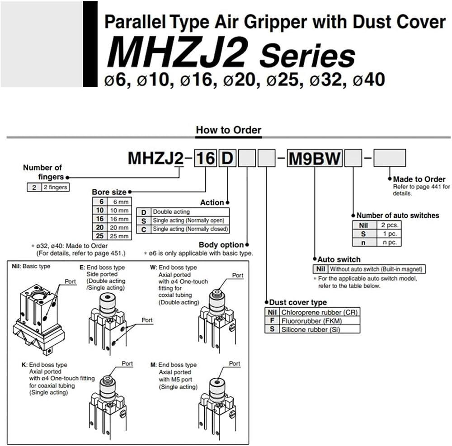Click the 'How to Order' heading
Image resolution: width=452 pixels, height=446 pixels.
pos(229,130)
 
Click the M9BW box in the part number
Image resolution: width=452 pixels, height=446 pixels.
pos(315,158)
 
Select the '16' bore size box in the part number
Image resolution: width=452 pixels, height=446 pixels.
pos(206,158)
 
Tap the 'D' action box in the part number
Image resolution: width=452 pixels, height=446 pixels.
pos(227,158)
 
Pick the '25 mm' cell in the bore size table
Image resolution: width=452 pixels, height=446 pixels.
pos(119,236)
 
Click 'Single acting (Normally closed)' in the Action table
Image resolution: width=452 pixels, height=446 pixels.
pos(190,229)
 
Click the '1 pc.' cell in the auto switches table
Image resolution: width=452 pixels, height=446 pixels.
pos(389,234)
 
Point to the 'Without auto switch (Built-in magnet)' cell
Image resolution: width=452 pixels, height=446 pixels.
pos(376,269)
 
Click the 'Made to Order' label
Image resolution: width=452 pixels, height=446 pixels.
pos(419,179)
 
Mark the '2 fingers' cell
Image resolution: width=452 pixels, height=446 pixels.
pos(55,187)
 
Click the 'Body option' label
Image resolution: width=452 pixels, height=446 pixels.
pos(221,244)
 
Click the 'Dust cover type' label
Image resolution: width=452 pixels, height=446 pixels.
pos(298,302)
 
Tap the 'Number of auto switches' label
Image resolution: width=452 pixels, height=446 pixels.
pos(398,215)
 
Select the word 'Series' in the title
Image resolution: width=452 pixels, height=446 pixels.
pos(307,56)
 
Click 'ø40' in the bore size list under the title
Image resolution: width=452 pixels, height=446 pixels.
pos(369,80)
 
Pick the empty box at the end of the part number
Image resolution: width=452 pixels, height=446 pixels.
pos(390,158)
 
